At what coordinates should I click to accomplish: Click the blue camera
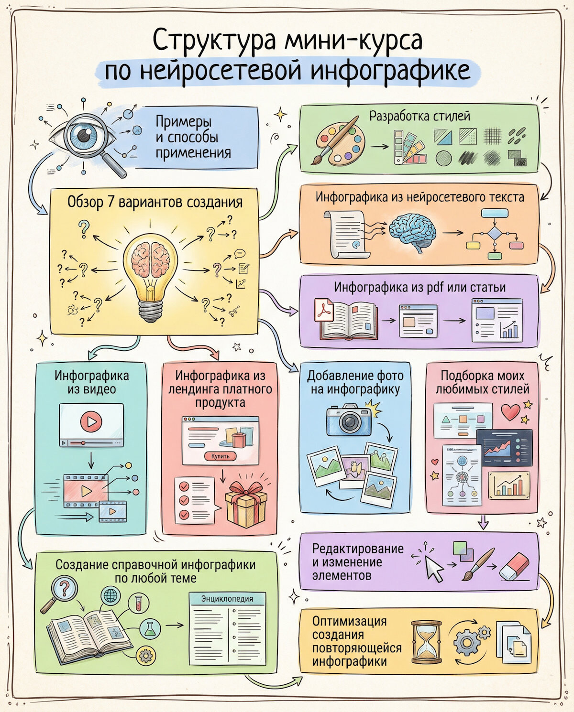(349, 420)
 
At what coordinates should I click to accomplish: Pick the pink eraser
(514, 566)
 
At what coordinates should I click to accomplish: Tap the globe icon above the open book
(110, 595)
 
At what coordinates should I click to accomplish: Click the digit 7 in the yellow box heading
(110, 202)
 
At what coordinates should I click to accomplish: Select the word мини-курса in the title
(354, 41)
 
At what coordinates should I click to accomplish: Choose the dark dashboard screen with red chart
(504, 447)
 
